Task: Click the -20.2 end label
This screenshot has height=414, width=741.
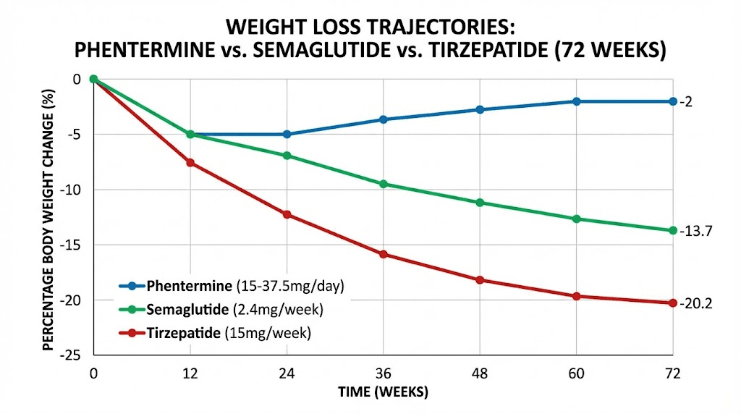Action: point(696,303)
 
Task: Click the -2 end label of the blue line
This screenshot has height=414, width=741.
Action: point(686,102)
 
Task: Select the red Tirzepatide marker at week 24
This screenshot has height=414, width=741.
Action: point(287,214)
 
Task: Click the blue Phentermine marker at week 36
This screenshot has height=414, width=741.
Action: point(384,119)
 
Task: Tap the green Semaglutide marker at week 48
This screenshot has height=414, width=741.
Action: point(480,203)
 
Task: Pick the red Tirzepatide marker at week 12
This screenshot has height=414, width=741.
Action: point(190,163)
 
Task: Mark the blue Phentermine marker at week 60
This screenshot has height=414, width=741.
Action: point(577,101)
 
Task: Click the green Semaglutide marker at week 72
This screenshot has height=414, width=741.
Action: point(673,230)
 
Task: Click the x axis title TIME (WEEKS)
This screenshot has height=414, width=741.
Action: point(384,392)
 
